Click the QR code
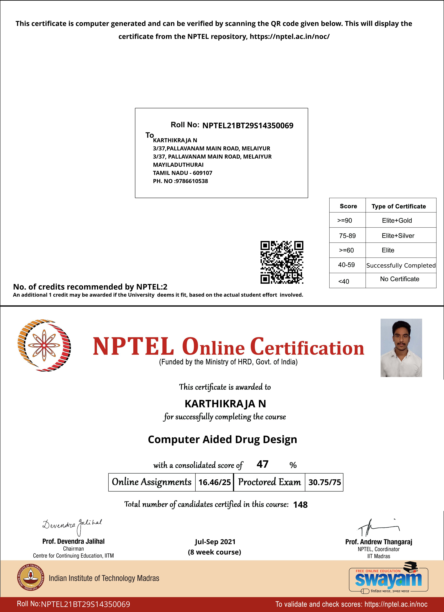coord(282,262)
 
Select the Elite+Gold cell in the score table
coord(397,220)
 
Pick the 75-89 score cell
coord(347,236)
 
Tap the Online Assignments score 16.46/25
coord(214,482)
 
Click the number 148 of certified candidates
coord(300,505)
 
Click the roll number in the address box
coord(248,126)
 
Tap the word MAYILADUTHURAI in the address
coord(178,165)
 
